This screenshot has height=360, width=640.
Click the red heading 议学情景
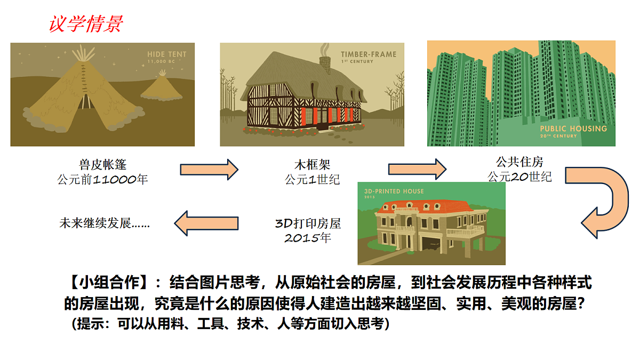tap(86, 23)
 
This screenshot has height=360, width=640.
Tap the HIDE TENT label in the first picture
tap(166, 54)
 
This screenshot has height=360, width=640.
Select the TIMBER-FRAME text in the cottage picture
tap(369, 54)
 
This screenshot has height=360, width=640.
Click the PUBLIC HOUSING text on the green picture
tap(573, 129)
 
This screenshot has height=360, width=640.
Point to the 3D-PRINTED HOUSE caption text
tap(394, 191)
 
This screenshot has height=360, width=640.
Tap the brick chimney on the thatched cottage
tap(325, 65)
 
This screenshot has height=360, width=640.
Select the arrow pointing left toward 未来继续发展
tap(206, 223)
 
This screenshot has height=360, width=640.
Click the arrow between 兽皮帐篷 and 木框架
tap(209, 170)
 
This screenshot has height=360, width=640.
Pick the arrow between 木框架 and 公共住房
tap(417, 169)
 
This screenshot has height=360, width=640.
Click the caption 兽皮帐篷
tap(102, 165)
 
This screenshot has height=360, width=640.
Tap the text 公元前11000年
tap(102, 179)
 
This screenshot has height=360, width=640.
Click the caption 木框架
tap(313, 165)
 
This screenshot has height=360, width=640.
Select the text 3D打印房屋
tap(308, 223)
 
